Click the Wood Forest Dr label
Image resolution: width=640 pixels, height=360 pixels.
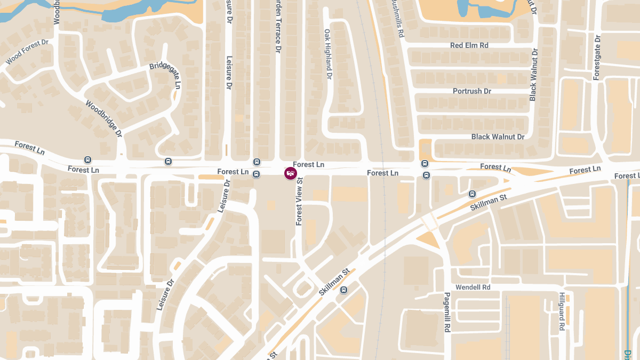tap(27, 52)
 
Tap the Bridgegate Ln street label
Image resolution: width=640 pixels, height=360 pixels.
tap(166, 75)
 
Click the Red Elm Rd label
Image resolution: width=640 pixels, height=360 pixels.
tap(469, 45)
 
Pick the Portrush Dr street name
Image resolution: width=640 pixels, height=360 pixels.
tap(471, 91)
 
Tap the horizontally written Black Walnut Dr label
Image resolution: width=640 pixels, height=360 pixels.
tap(498, 137)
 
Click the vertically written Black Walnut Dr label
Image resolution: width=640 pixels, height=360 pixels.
tap(533, 74)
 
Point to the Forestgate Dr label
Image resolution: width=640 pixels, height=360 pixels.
tap(597, 57)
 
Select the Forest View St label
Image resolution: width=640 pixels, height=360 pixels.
tap(299, 201)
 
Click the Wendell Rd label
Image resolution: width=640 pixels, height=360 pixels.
tap(473, 287)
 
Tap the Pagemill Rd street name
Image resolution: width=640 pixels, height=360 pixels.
tap(447, 313)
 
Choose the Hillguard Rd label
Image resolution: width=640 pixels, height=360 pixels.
tap(562, 312)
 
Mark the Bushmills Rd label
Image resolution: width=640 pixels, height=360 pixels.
tap(397, 19)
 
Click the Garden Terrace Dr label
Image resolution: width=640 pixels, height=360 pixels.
tap(277, 27)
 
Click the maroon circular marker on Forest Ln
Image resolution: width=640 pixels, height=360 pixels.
tap(290, 173)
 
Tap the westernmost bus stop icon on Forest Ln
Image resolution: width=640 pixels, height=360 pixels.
tap(88, 159)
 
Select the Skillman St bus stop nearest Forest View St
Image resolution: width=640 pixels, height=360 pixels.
tap(344, 290)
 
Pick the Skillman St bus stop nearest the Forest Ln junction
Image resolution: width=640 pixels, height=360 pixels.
tap(472, 194)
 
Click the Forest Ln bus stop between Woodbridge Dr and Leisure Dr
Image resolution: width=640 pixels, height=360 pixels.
tap(168, 161)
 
